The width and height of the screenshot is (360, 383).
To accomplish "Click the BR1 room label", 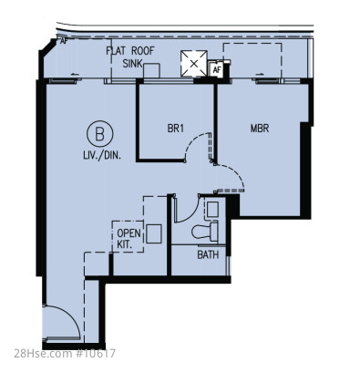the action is coord(176,129).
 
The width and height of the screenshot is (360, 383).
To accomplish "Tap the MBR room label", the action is coord(260,129).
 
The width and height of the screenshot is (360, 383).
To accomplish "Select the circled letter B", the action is coord(100,134).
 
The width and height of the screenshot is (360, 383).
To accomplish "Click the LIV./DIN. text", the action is coord(102,156).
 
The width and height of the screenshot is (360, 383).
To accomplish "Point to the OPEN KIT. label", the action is coord(129,239).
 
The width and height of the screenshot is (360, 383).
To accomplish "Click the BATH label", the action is coord(208,254).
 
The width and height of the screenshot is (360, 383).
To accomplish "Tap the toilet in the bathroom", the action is coord(205,232).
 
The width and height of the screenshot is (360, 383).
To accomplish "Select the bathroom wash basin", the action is coord(212,210).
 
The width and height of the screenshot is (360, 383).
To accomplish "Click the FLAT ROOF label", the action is coord(130,51).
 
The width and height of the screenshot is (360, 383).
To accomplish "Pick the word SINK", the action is coord(132,64).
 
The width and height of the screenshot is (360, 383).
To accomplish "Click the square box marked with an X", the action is coord(194,64).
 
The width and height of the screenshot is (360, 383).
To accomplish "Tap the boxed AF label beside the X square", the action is coord(216,69).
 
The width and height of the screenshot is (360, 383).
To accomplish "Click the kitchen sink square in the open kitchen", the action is coord(154,233).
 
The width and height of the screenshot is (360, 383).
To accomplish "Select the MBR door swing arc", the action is coord(235,172).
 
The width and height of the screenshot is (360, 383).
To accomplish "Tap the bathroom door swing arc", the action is coord(190,215).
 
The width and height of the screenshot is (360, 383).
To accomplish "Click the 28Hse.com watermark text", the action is coord(65,354).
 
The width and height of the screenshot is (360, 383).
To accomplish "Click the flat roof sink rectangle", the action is coord(151,71).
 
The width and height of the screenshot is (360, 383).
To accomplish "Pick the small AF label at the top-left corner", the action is coord(63,41).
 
